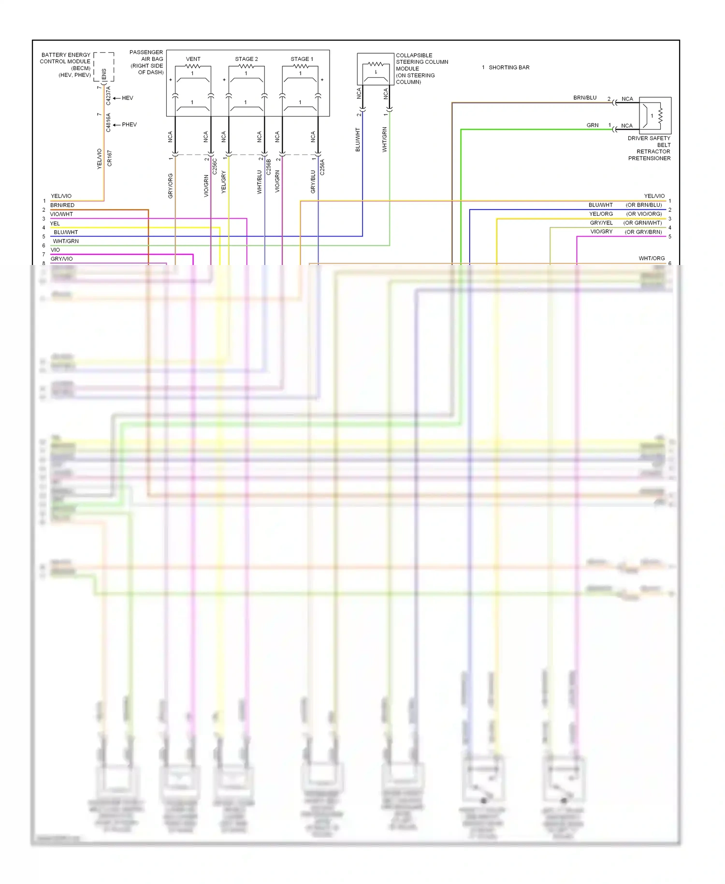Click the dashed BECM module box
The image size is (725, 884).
coord(104,67)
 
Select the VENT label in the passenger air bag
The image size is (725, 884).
coord(193,59)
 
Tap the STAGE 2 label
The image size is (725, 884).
coord(246,59)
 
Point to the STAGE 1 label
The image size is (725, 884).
coord(302,59)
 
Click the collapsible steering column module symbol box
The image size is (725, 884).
coord(376,69)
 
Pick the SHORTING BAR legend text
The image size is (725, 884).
coord(508,68)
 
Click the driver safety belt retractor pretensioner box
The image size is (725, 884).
coord(655,116)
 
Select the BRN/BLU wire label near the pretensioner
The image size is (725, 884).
coord(585,98)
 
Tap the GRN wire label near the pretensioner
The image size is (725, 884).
coord(593,125)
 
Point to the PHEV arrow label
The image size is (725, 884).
coord(129,125)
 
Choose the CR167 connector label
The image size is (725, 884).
coord(110,159)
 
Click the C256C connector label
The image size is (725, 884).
coord(215,166)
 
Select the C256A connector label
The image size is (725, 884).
coord(322,166)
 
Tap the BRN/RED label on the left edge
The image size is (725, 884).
coord(62,205)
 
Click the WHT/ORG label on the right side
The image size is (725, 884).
coord(652,258)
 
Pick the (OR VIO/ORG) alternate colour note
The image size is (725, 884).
coord(644,214)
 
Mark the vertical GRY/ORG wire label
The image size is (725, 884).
coord(171,186)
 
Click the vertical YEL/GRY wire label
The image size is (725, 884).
coord(224,182)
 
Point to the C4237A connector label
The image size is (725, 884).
coord(108,96)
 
